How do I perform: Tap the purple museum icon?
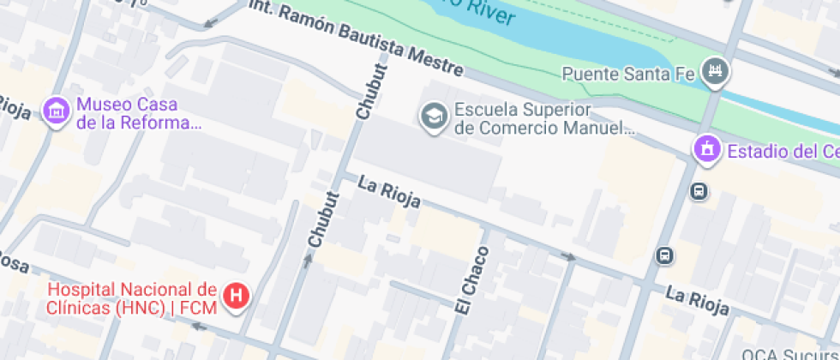coord(57,111)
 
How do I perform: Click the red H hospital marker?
coord(236,297)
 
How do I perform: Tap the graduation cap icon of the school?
coord(434,116)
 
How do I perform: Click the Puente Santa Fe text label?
coord(627,74)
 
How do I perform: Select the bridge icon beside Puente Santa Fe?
coord(713,72)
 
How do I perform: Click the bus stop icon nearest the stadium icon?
coord(699,190)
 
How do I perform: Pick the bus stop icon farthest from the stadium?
coord(664,255)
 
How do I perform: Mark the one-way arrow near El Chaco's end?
coord(567,255)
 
